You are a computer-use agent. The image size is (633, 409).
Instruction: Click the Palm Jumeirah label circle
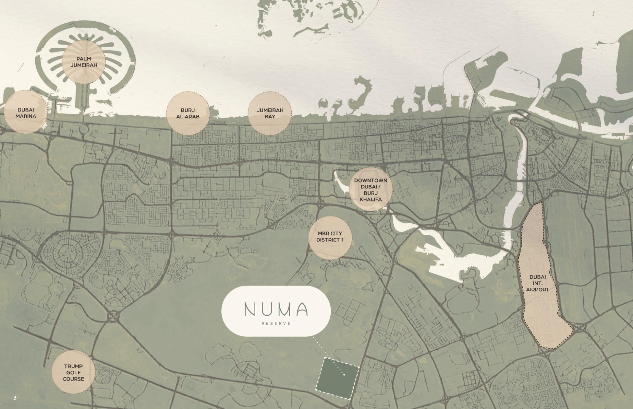tap(84, 62)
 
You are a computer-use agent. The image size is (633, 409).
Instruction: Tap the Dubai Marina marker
tap(26, 113)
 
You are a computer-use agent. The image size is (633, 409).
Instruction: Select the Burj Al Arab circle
tap(187, 113)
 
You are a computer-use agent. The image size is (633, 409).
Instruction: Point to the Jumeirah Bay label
tap(270, 113)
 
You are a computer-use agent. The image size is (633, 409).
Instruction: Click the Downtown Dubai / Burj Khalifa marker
tap(370, 189)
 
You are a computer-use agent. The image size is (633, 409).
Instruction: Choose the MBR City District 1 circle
tap(330, 237)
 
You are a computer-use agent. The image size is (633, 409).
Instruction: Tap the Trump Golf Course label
tap(73, 372)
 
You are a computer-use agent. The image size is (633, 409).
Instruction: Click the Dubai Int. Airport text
tap(537, 283)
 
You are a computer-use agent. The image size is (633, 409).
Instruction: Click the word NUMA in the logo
tap(276, 309)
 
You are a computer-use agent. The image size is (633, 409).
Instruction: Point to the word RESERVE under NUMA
tap(276, 324)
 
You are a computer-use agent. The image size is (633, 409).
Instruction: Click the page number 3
tap(15, 398)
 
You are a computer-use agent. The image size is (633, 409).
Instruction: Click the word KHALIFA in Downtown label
tap(370, 199)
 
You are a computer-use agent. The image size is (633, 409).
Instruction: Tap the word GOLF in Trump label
tap(73, 372)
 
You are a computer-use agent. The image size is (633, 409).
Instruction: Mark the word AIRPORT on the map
tap(537, 289)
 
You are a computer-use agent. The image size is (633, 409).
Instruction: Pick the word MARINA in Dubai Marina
tap(26, 116)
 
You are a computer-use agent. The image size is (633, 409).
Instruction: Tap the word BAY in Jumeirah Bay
tap(270, 117)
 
